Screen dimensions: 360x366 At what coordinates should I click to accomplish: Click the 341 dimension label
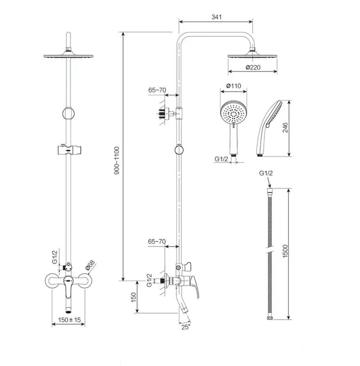point(216,17)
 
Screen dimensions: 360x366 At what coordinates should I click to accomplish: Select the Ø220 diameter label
point(253,67)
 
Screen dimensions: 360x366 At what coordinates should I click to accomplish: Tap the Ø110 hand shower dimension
point(233,86)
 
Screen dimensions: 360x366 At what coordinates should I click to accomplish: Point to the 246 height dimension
point(285,127)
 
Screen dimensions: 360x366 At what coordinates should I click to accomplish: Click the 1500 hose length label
point(285,251)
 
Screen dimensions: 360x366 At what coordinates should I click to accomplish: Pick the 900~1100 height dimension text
point(117,161)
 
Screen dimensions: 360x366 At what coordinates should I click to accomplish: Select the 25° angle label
point(186,327)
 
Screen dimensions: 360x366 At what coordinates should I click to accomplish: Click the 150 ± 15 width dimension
point(69,319)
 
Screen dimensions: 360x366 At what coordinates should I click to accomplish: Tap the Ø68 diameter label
point(90,265)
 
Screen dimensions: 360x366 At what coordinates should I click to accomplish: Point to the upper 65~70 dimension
point(157,90)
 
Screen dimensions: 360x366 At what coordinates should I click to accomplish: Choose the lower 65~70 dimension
point(157,241)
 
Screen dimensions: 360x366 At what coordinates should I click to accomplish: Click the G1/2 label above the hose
point(266,173)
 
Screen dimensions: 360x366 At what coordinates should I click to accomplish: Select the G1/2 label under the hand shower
point(221,159)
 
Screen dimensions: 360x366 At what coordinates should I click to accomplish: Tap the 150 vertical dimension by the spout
point(133,297)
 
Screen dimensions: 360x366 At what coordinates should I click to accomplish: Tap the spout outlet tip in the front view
point(68,312)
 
